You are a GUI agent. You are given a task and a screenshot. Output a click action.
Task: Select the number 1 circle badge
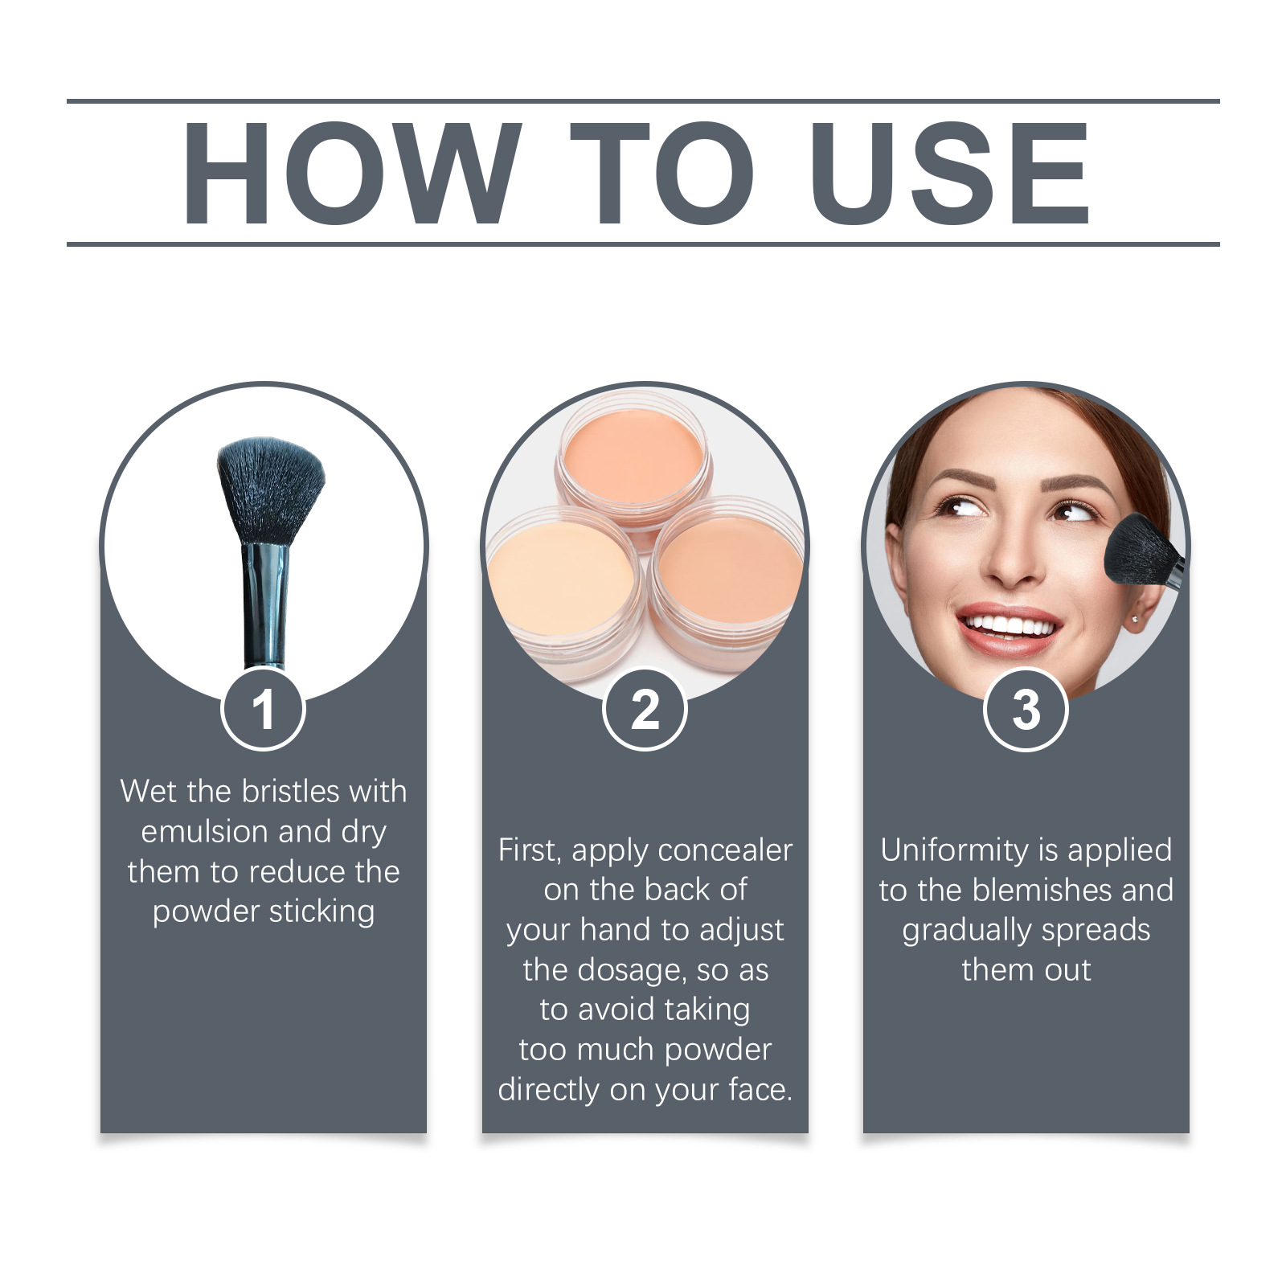263,710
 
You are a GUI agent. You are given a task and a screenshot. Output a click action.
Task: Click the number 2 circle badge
645,710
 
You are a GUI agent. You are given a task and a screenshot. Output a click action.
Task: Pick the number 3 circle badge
1026,710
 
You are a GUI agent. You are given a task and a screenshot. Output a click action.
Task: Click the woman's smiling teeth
1009,625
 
